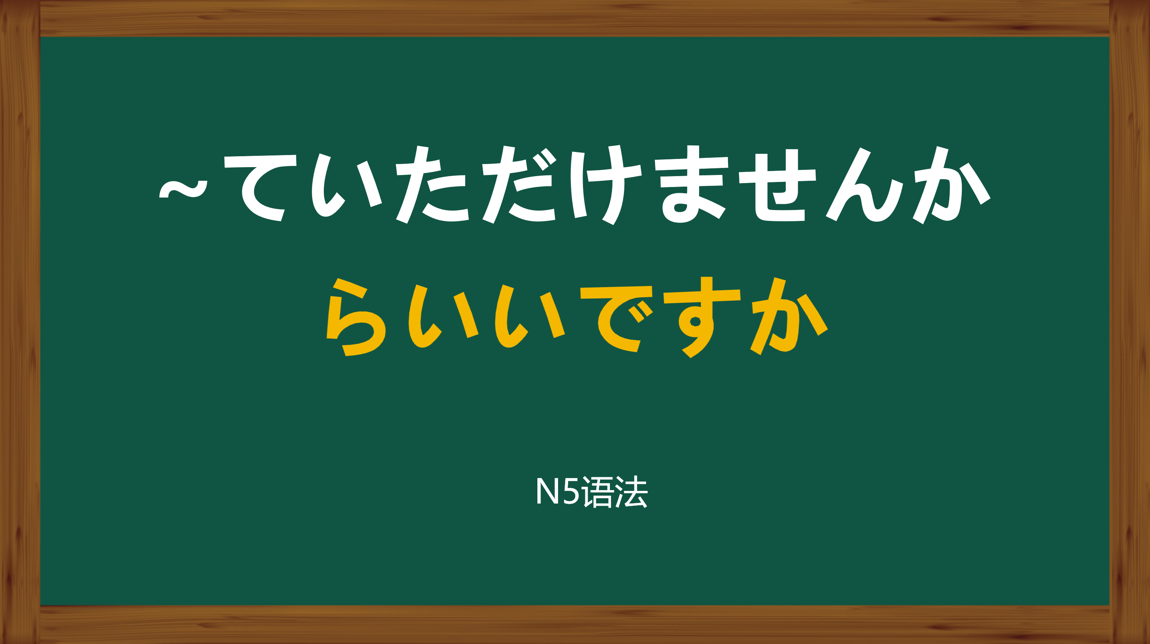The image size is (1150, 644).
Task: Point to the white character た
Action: click(432, 184)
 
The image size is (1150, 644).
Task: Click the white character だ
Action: click(519, 184)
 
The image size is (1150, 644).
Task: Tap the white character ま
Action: click(691, 184)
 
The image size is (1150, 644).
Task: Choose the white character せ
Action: click(777, 185)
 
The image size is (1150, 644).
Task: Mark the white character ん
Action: click(864, 184)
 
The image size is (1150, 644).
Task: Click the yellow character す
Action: click(702, 317)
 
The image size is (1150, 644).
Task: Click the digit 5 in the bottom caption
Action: click(571, 491)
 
